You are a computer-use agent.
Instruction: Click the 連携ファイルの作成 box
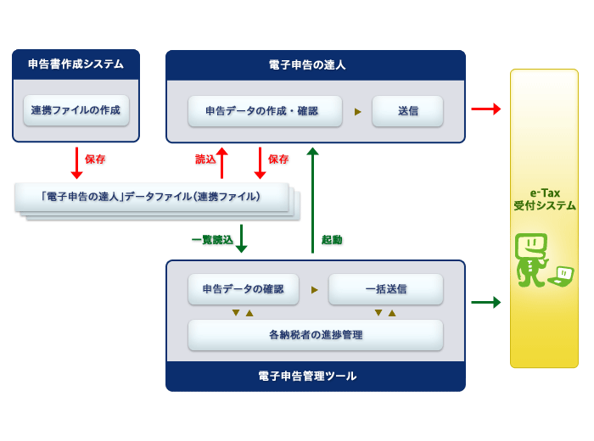(x=76, y=110)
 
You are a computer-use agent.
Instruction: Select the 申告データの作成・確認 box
(x=265, y=111)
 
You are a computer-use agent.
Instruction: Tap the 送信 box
(x=407, y=111)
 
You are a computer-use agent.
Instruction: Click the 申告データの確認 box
(x=244, y=289)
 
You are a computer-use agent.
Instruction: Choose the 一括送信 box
(x=385, y=289)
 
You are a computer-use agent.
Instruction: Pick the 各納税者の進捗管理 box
(x=316, y=335)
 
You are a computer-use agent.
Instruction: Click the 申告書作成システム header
(x=76, y=64)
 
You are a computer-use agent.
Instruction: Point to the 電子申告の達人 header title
(x=307, y=64)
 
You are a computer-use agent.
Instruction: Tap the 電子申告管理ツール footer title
(x=307, y=376)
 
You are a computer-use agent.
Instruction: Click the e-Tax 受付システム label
(x=545, y=199)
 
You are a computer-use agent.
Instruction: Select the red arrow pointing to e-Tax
(x=486, y=109)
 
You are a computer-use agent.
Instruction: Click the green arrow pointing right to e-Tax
(x=486, y=302)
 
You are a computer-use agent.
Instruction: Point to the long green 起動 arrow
(x=312, y=200)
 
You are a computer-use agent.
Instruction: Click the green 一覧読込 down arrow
(x=241, y=238)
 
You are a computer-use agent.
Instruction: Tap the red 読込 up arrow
(x=222, y=163)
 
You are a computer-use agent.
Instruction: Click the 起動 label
(x=332, y=240)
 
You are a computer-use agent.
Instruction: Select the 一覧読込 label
(x=212, y=240)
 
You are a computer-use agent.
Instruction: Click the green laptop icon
(x=562, y=276)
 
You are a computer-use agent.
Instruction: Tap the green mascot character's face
(x=531, y=246)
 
